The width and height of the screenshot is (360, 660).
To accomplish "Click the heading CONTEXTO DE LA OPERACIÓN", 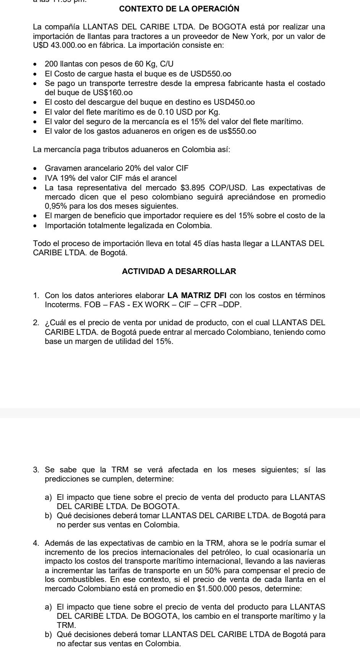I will [179, 9].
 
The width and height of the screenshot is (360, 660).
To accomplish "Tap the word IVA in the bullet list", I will [50, 178].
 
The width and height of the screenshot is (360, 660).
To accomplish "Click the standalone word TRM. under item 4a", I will [66, 625].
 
